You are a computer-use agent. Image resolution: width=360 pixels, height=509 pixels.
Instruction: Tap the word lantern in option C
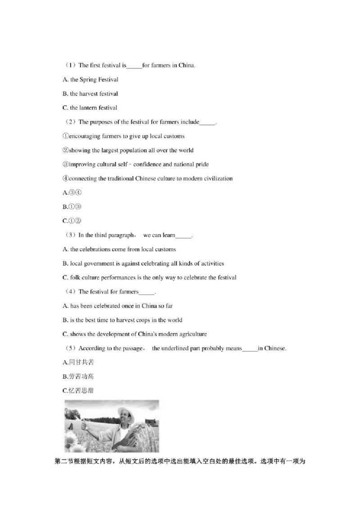(x=89, y=108)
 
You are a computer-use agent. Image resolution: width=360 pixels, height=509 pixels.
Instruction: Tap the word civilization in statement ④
(x=215, y=179)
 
